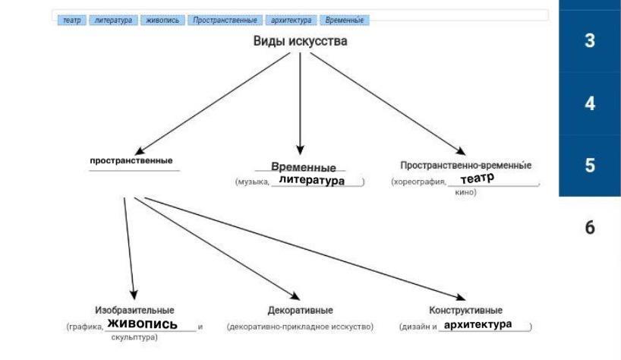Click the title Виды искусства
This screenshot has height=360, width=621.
(300, 41)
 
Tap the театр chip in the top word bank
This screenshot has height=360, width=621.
(72, 21)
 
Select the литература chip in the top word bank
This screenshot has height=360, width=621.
(113, 21)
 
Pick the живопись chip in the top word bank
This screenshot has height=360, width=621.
(162, 21)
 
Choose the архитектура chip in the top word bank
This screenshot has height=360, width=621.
(292, 21)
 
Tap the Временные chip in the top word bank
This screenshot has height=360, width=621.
(344, 21)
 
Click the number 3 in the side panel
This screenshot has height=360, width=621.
(590, 42)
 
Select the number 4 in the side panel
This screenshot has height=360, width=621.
(590, 103)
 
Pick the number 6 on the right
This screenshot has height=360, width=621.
(590, 227)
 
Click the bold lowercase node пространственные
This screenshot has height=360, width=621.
(131, 160)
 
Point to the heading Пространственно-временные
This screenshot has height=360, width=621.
(466, 165)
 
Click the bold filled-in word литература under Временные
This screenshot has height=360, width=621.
(311, 181)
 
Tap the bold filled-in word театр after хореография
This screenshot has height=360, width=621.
(477, 178)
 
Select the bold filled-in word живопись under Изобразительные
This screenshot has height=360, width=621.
(142, 324)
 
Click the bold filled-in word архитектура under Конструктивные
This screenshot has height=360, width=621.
(478, 324)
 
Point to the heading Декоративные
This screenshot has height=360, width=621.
(300, 311)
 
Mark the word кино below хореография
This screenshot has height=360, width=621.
(465, 192)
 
